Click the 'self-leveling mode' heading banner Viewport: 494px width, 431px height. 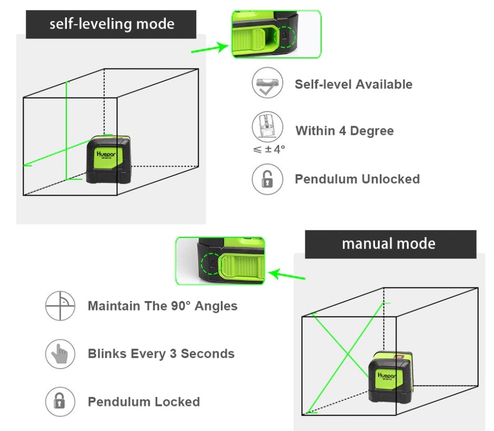point(111,24)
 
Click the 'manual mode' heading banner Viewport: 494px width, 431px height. point(390,244)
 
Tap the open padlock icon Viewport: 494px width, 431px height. point(268,179)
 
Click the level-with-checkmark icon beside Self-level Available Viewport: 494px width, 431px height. point(268,84)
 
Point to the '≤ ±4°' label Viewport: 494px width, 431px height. point(269,149)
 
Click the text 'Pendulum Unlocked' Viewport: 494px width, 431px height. point(357,179)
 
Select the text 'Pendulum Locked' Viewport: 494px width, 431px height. point(144,402)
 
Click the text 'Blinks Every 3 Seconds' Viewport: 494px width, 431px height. point(161,353)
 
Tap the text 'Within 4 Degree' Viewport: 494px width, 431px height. point(344,131)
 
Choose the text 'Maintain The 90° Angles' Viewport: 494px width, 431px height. point(162,306)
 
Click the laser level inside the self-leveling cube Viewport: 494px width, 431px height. point(110,159)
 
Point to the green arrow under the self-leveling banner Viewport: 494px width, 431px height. point(210,49)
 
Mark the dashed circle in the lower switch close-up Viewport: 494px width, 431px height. point(209,262)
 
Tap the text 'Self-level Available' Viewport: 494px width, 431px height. point(353,84)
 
